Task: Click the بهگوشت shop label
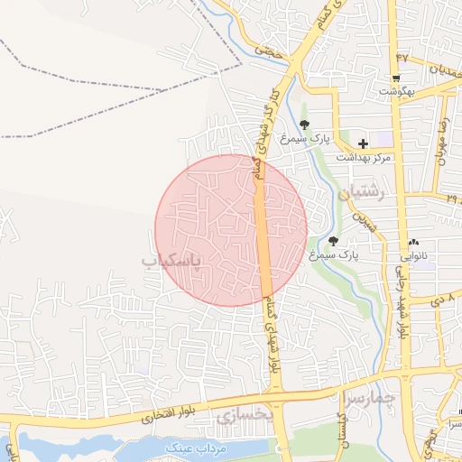pos(396,91)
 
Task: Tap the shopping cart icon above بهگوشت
pos(396,78)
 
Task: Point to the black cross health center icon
pos(363,143)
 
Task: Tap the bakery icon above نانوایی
pos(414,242)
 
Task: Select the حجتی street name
pos(269,51)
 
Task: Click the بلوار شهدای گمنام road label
pos(273,337)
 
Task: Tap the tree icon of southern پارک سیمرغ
pos(334,241)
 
